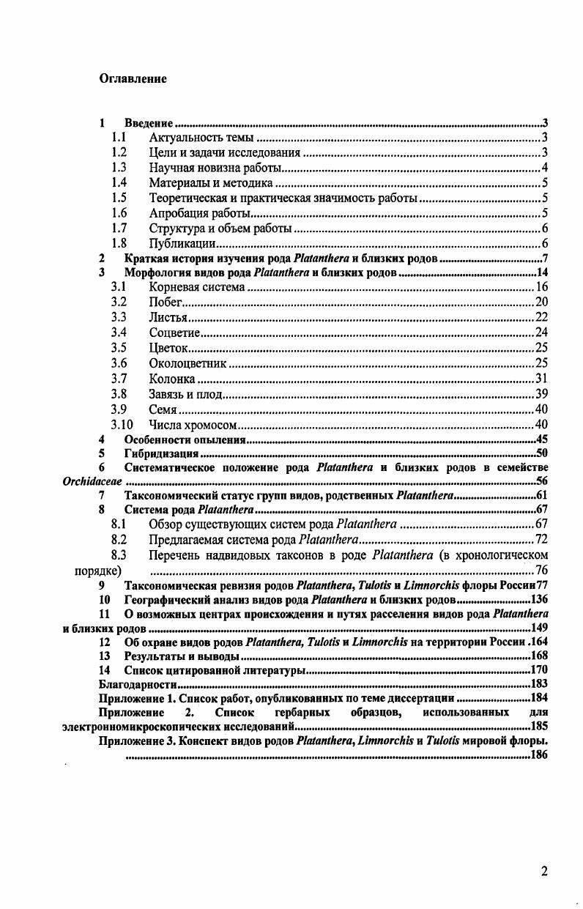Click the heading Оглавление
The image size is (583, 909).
(133, 78)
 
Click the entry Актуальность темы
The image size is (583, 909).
(201, 138)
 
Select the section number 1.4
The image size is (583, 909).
(119, 183)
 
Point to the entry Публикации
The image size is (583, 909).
(182, 244)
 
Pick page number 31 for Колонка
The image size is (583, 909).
(541, 379)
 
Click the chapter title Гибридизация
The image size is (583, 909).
(157, 454)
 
